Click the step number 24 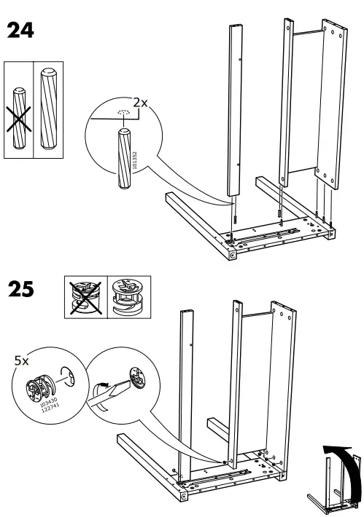pos(22,31)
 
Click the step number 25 pos(22,290)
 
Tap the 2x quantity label pos(139,103)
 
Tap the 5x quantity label pos(23,360)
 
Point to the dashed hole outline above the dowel pos(122,113)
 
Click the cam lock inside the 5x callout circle pos(41,388)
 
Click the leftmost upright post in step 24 pos(235,109)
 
